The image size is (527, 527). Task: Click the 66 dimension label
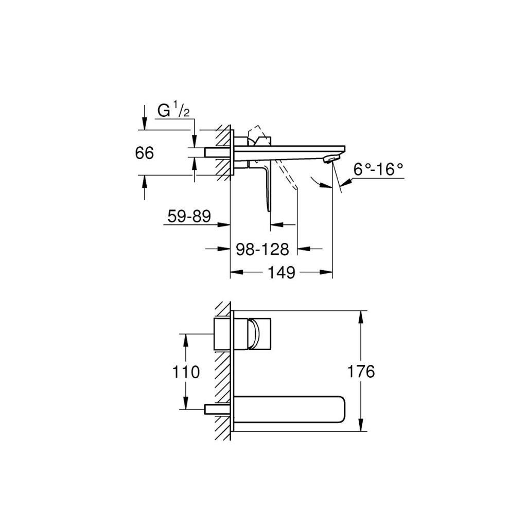tap(145, 153)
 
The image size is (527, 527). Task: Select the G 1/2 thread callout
tap(173, 111)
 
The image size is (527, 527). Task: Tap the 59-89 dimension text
tap(189, 216)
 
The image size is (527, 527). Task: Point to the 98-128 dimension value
tap(262, 250)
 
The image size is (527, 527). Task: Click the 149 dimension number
tap(282, 272)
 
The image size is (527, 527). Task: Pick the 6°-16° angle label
tap(378, 169)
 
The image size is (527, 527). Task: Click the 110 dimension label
tap(186, 372)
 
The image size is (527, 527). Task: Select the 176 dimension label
tap(361, 372)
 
